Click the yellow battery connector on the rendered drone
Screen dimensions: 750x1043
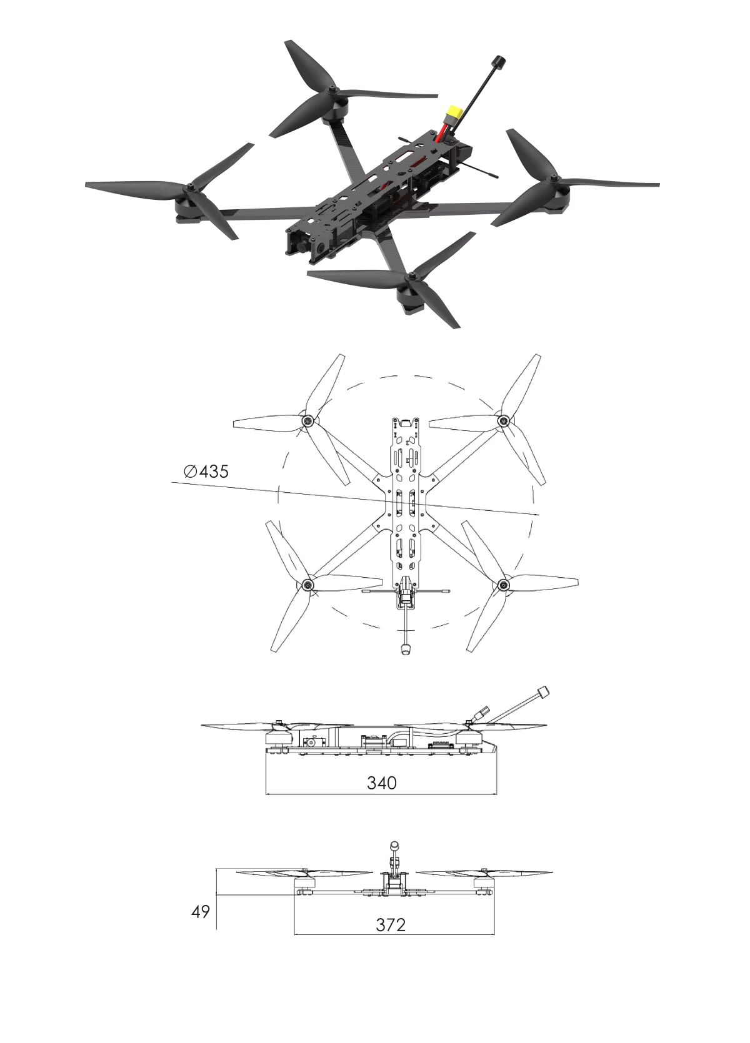click(x=454, y=114)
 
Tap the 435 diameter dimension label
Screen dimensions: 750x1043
click(x=206, y=472)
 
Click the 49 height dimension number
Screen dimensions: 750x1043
click(x=200, y=912)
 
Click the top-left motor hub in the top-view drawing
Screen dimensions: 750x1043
click(x=307, y=422)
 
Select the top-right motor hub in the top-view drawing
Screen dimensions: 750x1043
click(x=502, y=422)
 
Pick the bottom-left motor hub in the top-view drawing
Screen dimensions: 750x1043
click(x=307, y=585)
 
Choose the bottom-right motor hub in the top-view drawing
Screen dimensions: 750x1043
click(x=502, y=585)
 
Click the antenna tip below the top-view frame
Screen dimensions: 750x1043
click(x=405, y=649)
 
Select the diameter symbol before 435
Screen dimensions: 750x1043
click(x=190, y=472)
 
